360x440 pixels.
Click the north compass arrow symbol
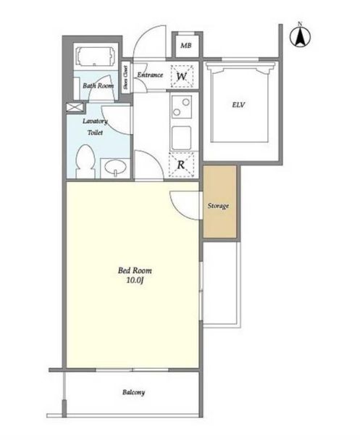tap(300, 36)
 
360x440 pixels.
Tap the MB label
tap(186, 45)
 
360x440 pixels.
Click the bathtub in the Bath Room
tap(96, 56)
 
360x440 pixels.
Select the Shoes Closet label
tap(125, 78)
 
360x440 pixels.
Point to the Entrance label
tap(150, 75)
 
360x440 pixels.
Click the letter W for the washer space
tap(182, 76)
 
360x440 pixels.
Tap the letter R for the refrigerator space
tap(181, 165)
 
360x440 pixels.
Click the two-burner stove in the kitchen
tap(181, 107)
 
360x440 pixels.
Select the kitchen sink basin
tap(182, 138)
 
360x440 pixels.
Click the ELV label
tap(238, 105)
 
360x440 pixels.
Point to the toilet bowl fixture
tap(85, 161)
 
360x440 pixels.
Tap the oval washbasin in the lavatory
tap(115, 167)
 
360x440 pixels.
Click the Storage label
tap(218, 206)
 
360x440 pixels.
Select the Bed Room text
tap(135, 271)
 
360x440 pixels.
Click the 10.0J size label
tap(135, 281)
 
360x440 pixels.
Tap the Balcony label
tap(133, 392)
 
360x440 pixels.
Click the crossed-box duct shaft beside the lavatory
tap(75, 107)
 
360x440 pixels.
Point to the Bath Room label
tap(98, 86)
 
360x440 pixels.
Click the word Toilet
tap(95, 133)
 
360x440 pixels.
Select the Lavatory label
tap(95, 121)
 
